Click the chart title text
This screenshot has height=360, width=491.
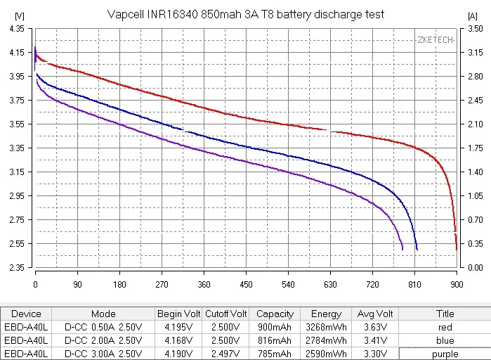(246, 14)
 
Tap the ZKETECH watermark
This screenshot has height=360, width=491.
(435, 39)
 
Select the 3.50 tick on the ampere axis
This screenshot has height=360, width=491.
(475, 29)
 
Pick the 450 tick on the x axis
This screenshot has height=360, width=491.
(246, 285)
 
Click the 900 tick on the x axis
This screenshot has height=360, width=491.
(457, 285)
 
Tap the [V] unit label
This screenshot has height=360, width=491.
(19, 15)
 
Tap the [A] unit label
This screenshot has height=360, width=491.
(473, 15)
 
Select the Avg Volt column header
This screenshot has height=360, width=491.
(374, 314)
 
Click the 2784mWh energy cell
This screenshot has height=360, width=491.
(326, 340)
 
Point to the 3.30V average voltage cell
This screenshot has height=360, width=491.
(374, 354)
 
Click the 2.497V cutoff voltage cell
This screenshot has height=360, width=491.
(226, 354)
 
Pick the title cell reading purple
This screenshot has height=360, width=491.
(445, 354)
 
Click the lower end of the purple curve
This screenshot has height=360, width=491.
(402, 249)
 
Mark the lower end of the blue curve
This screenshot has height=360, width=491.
(417, 249)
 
